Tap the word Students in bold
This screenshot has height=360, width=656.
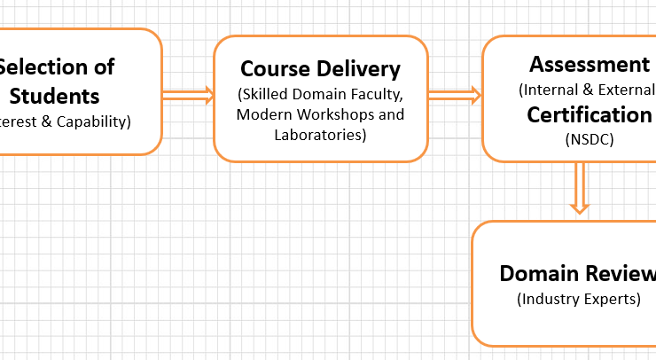tap(54, 96)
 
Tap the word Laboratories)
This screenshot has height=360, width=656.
tap(320, 135)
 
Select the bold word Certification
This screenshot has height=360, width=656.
tap(590, 114)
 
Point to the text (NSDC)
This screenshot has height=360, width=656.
tap(589, 139)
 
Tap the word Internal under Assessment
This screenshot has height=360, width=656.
tap(554, 90)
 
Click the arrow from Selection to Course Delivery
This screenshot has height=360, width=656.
tap(188, 95)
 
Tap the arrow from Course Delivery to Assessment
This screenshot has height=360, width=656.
tap(455, 95)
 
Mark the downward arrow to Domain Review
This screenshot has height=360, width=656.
tap(580, 188)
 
